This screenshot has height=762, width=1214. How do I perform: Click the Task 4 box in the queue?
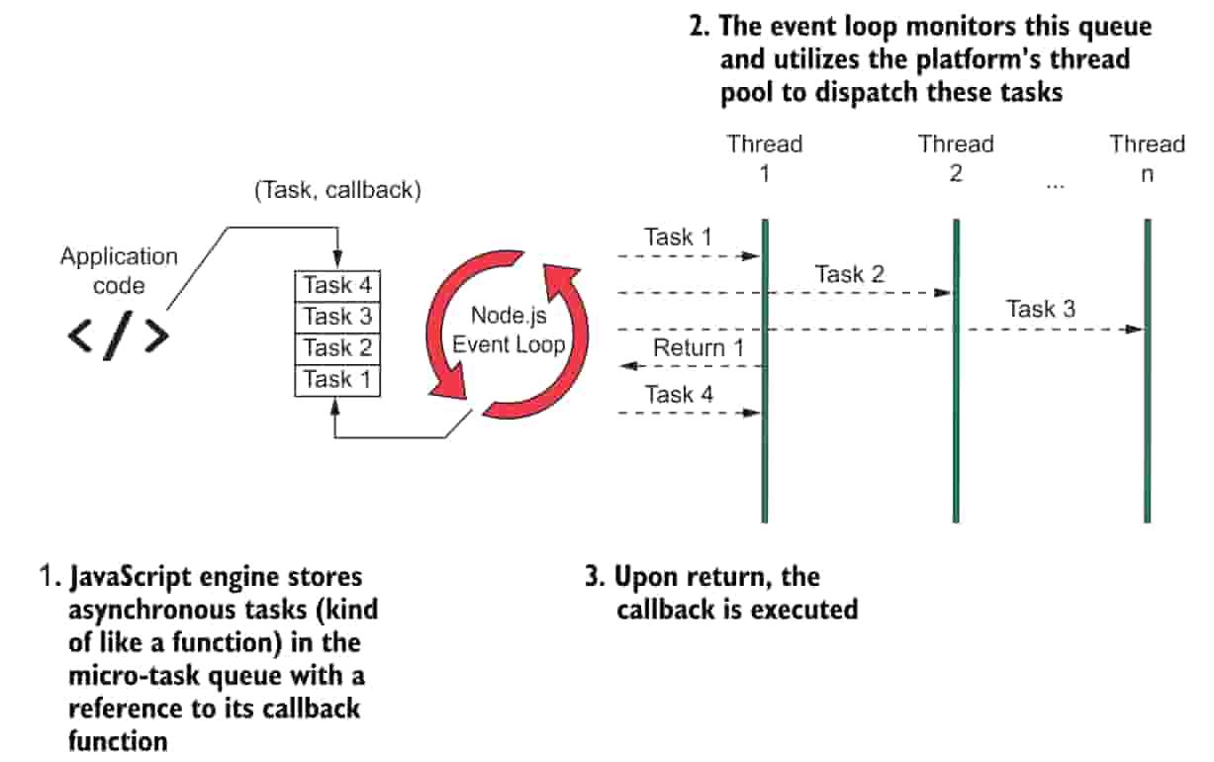[337, 286]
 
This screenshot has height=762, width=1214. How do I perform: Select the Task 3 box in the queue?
[337, 317]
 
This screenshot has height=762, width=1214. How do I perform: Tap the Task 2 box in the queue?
[337, 348]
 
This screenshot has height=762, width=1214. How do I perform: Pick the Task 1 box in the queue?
[337, 380]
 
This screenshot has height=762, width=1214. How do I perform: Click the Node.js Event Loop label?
[509, 330]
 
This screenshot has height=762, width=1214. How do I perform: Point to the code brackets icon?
[118, 335]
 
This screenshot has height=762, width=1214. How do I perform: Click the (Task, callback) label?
[337, 190]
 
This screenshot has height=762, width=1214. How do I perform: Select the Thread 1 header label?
[764, 158]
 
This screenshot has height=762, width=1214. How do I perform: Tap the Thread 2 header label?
[956, 158]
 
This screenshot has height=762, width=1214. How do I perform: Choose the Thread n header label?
[1147, 158]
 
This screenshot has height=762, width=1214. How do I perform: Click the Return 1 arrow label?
[699, 348]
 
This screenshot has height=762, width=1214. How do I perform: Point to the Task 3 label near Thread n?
[1041, 309]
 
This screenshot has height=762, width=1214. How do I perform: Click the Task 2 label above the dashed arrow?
[849, 274]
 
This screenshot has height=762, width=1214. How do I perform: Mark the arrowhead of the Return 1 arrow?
[621, 366]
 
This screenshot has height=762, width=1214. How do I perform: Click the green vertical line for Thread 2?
[956, 371]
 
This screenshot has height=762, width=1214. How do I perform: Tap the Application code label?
[119, 271]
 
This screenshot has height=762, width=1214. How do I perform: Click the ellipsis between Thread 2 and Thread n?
[1056, 186]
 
